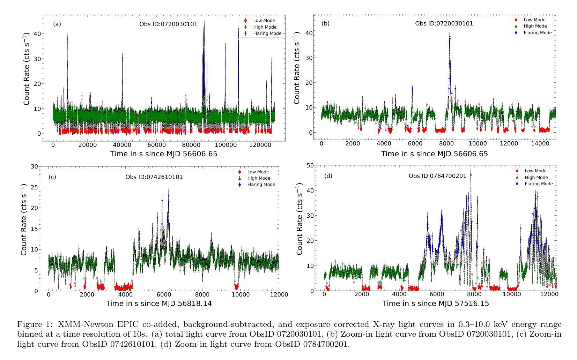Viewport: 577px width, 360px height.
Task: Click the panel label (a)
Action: point(57,24)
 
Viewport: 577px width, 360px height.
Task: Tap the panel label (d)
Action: point(328,176)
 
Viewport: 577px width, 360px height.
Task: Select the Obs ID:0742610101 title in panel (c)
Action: point(154,177)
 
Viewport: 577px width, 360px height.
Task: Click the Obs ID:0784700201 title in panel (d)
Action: point(437,176)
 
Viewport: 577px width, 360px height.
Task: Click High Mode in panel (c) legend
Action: point(258,178)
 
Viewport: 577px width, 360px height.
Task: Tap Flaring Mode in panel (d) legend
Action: point(539,184)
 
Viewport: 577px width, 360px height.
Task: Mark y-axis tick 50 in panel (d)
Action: point(309,165)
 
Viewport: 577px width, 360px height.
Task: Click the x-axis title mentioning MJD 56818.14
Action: point(159,303)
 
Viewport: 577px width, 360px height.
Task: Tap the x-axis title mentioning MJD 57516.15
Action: point(436,303)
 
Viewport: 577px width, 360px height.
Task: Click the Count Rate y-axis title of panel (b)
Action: point(297,68)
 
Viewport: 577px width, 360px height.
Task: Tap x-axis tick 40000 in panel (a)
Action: point(122,145)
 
